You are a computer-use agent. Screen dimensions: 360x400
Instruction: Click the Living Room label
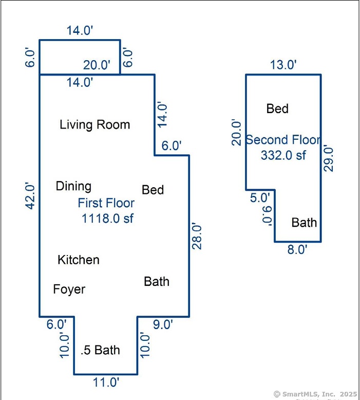pyautogui.click(x=95, y=125)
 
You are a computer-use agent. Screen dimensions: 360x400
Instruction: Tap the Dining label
pyautogui.click(x=73, y=186)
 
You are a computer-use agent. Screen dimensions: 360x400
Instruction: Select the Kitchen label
pyautogui.click(x=79, y=260)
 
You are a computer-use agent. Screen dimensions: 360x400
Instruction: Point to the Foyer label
pyautogui.click(x=69, y=289)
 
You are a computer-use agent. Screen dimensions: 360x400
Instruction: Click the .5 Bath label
pyautogui.click(x=100, y=350)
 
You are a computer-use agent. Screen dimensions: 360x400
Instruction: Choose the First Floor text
pyautogui.click(x=106, y=203)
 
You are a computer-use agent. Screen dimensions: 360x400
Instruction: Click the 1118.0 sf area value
pyautogui.click(x=107, y=219)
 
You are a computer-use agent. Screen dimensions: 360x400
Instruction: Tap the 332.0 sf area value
pyautogui.click(x=283, y=155)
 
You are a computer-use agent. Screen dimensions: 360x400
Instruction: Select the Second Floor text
pyautogui.click(x=283, y=140)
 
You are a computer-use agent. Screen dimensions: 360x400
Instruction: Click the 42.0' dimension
pyautogui.click(x=30, y=196)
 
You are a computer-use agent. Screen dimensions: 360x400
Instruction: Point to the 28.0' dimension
pyautogui.click(x=197, y=235)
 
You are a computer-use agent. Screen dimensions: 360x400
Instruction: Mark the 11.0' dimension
pyautogui.click(x=106, y=383)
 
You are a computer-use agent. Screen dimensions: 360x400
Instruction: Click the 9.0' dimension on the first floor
pyautogui.click(x=163, y=324)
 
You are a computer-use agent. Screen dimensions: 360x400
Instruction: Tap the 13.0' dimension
pyautogui.click(x=283, y=65)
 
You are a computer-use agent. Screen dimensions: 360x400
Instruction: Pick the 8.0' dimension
pyautogui.click(x=297, y=249)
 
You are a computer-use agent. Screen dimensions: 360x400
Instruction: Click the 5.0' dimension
pyautogui.click(x=260, y=198)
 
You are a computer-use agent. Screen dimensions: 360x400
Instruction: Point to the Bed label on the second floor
pyautogui.click(x=277, y=108)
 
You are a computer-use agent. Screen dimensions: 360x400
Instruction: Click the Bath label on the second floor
pyautogui.click(x=304, y=223)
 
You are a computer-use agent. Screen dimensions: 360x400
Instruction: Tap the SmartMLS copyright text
pyautogui.click(x=315, y=394)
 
